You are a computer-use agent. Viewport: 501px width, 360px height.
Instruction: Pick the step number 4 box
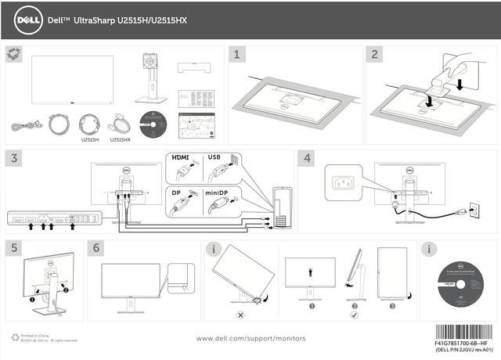[x=308, y=157]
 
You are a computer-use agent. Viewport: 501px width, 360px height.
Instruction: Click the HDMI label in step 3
[x=182, y=157]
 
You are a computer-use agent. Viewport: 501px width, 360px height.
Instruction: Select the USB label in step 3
[x=215, y=157]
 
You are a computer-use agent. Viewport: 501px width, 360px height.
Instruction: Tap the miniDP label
[x=218, y=192]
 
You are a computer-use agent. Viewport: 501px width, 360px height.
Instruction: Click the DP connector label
[x=177, y=192]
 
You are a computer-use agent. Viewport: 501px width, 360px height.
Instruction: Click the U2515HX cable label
[x=119, y=140]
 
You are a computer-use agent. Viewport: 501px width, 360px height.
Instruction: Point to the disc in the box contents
[x=153, y=125]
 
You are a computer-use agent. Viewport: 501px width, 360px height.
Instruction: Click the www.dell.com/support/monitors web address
[x=250, y=338]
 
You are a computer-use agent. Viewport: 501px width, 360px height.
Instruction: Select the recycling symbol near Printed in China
[x=16, y=337]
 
